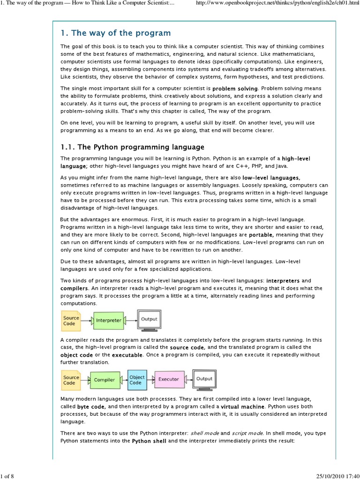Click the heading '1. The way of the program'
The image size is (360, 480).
point(115,33)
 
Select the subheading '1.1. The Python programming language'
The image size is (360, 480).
point(133,147)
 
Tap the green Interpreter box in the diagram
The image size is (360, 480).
point(108,321)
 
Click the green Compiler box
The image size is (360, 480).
point(104,380)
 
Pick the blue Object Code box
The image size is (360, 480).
point(137,380)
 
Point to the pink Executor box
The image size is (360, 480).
point(169,379)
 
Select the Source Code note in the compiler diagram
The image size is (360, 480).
point(71,380)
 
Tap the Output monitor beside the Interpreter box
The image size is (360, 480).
point(150,320)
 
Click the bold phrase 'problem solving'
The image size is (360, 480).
point(235,88)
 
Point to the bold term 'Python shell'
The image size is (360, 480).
point(149,441)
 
